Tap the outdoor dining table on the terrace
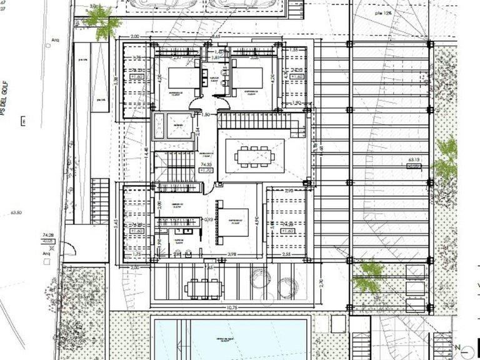(204, 287)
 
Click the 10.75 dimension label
(232, 309)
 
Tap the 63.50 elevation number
(16, 212)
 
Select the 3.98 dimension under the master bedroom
(232, 254)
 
